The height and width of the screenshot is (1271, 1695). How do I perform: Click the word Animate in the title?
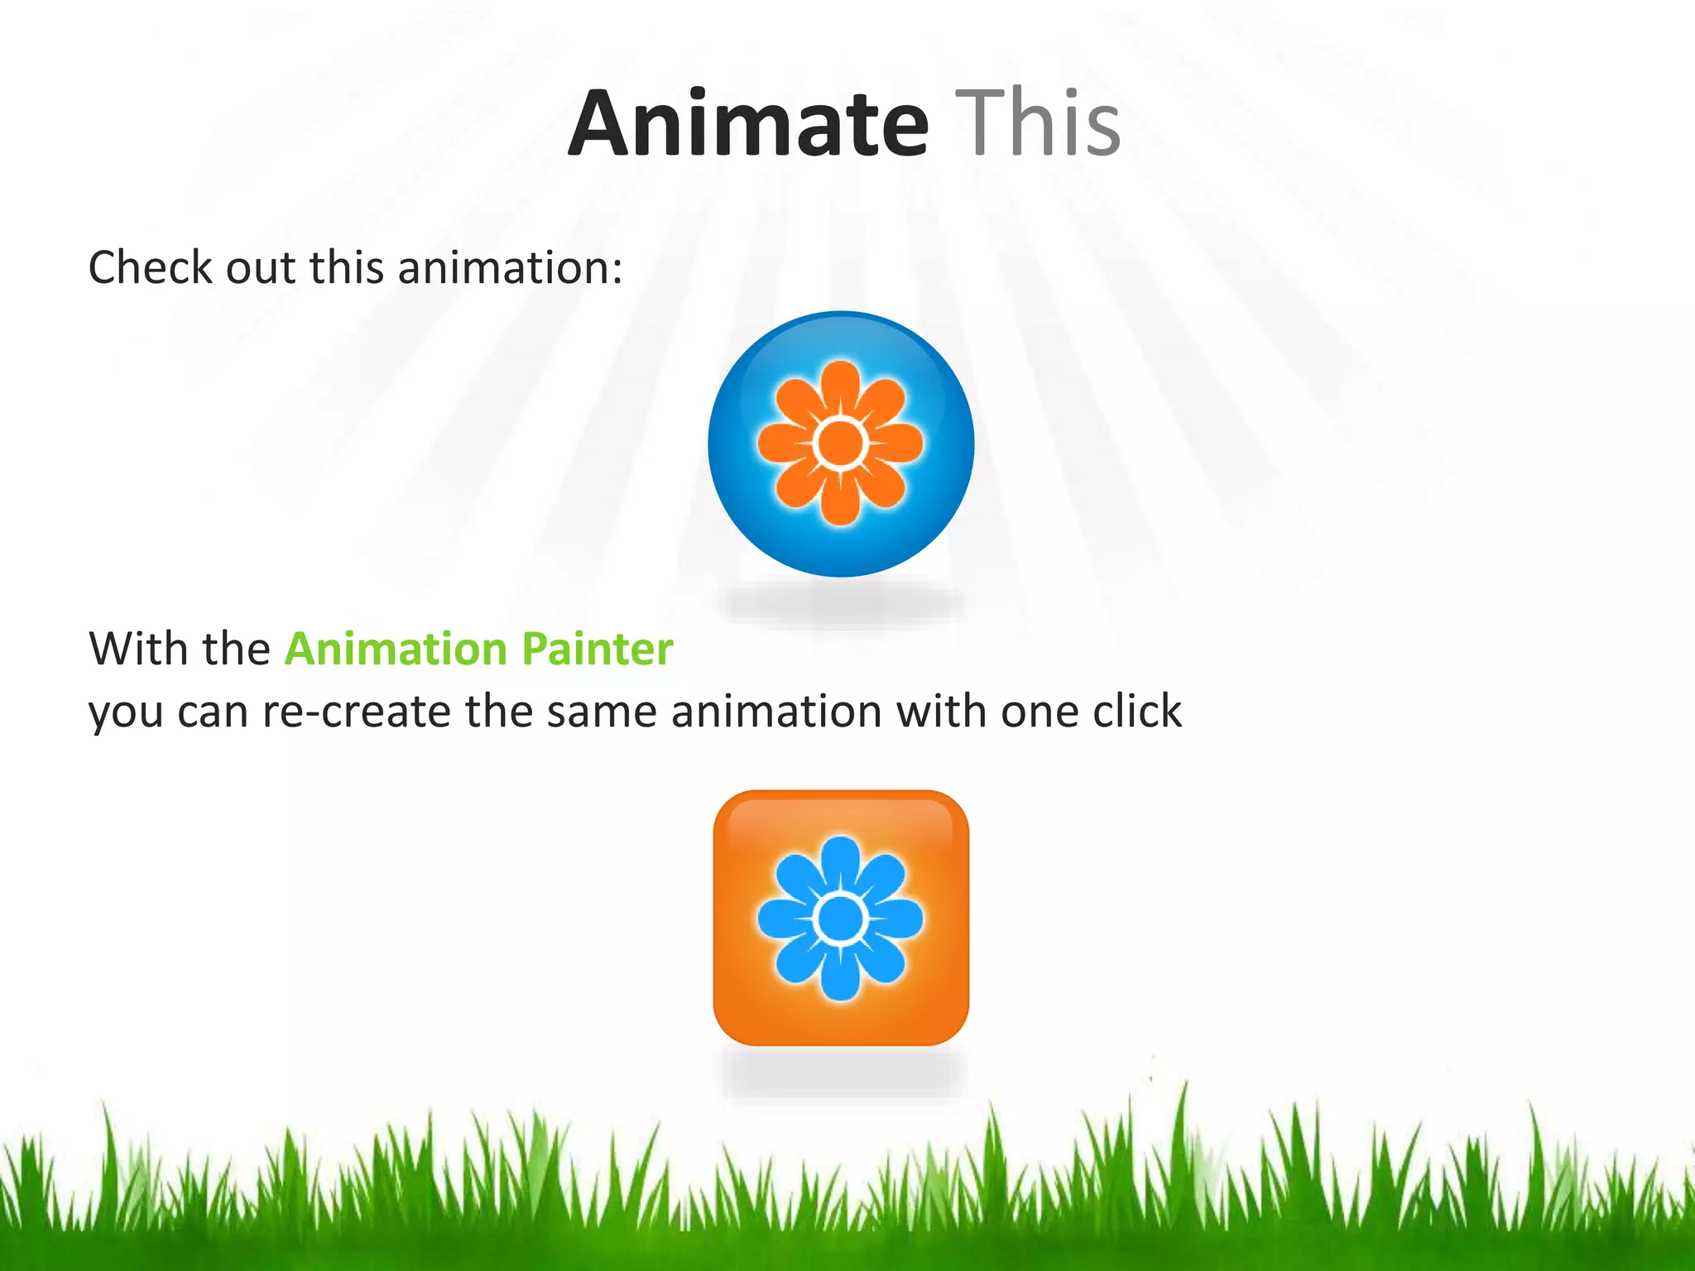click(749, 124)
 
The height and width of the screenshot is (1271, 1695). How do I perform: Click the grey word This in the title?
click(1038, 124)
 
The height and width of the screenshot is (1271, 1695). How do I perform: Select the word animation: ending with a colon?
click(510, 268)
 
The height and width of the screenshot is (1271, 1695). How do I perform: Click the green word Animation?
click(396, 649)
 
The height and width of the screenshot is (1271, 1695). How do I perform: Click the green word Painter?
click(597, 649)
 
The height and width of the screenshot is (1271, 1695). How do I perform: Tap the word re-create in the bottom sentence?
click(356, 712)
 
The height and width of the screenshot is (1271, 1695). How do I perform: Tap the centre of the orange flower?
click(840, 443)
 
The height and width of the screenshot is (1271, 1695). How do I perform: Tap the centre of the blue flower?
click(840, 918)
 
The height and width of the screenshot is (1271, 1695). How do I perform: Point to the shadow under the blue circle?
click(840, 604)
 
